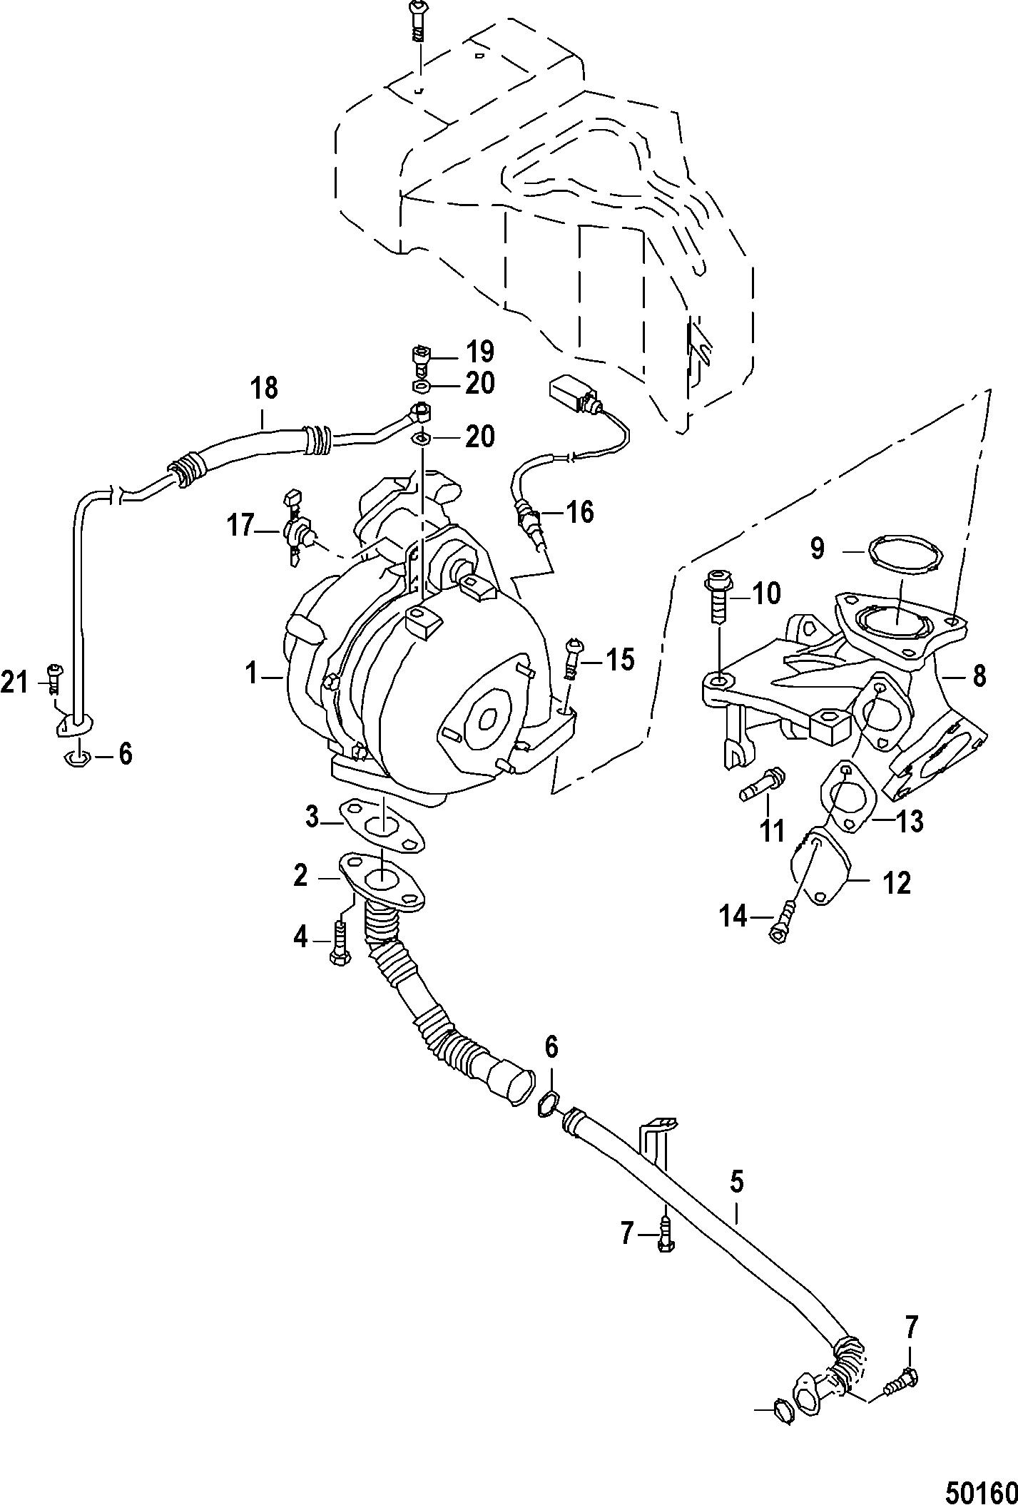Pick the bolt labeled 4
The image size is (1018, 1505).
pyautogui.click(x=338, y=942)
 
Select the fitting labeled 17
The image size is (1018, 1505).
pyautogui.click(x=297, y=528)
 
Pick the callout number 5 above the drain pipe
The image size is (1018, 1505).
pyautogui.click(x=736, y=1182)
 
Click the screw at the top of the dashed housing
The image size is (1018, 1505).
pyautogui.click(x=417, y=22)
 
